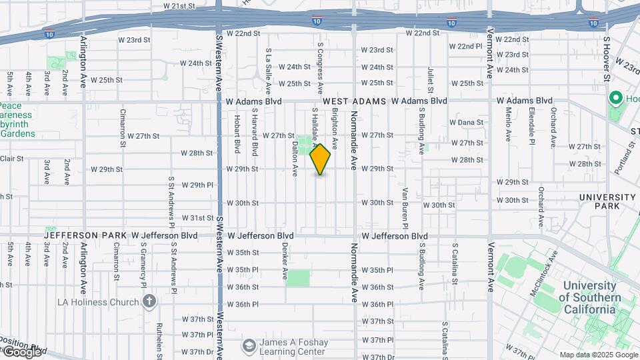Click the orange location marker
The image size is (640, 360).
tap(321, 159)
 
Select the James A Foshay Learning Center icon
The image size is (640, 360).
tap(249, 345)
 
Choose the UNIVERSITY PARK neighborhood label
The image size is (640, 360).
tap(607, 202)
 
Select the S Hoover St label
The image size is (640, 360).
tap(607, 59)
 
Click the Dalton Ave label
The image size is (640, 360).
tap(294, 159)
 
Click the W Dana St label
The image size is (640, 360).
tap(466, 123)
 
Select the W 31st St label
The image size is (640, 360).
tap(198, 218)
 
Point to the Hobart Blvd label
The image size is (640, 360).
tap(237, 133)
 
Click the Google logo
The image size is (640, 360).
tap(22, 351)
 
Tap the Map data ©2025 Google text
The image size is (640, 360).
tap(597, 355)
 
